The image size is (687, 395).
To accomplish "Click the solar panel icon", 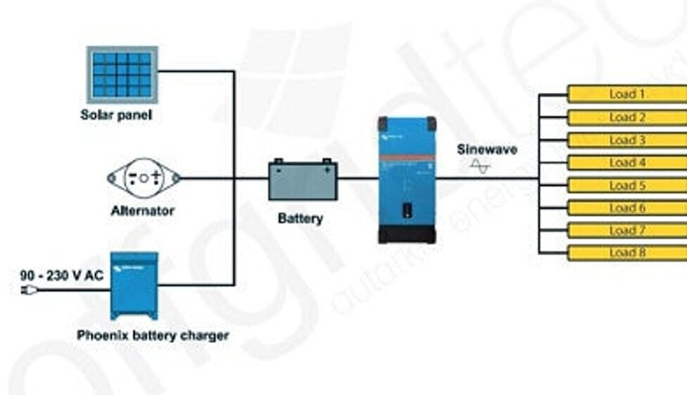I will tap(122, 73).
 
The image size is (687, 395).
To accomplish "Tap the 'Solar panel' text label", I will tap(115, 115).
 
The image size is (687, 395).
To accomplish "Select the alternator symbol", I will tap(144, 177).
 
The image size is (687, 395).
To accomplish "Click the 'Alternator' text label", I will tap(142, 211).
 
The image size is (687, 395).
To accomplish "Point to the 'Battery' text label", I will tap(301, 218).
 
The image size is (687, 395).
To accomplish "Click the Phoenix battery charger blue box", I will tap(134, 285).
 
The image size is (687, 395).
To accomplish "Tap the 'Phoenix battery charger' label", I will tap(153, 335).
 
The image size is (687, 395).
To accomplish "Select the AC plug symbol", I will tap(29, 289).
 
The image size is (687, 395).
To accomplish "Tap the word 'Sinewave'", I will tap(487, 149).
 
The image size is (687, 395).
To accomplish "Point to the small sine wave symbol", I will tap(480, 166).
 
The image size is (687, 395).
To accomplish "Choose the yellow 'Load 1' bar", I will tap(626, 94).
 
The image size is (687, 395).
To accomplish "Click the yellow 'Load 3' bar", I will tap(626, 140).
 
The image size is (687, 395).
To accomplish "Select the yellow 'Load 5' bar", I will tap(626, 186).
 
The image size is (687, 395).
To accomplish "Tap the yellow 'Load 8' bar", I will tap(626, 253).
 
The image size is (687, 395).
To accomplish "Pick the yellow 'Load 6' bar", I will tap(626, 208).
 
